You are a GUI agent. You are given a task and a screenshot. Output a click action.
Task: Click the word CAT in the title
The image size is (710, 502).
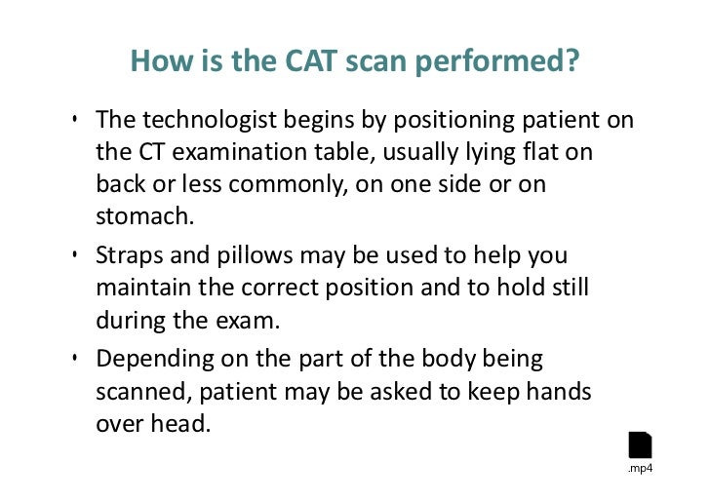(293, 63)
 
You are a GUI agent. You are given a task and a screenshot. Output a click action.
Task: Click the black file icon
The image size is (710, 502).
(640, 444)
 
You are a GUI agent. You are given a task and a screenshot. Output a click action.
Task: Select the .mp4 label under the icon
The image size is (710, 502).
(640, 470)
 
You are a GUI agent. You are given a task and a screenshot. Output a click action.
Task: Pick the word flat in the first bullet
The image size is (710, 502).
(543, 153)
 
